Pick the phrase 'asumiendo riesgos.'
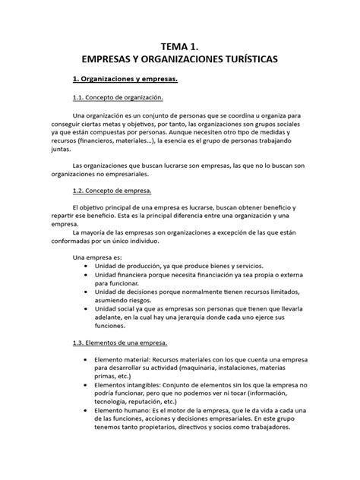[x=127, y=303]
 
